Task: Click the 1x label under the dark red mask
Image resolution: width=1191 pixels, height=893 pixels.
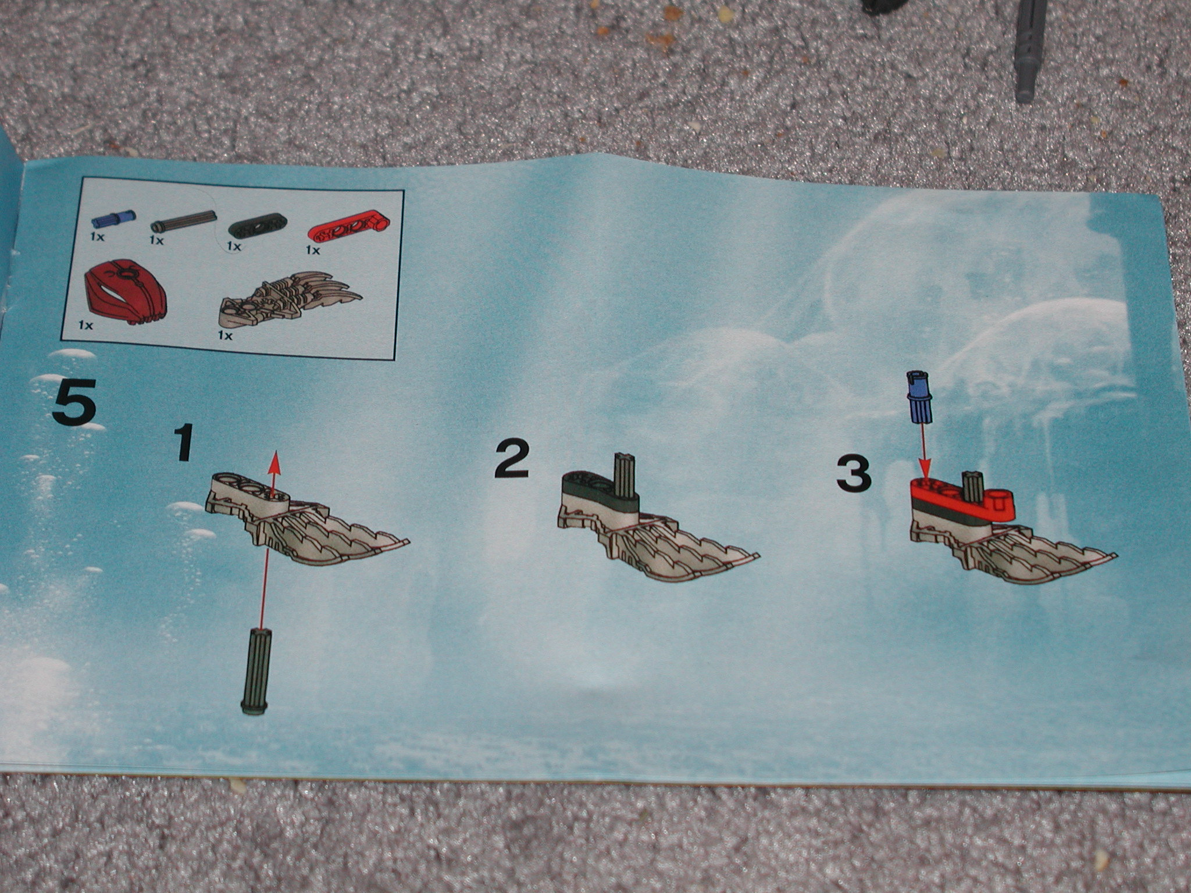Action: [85, 326]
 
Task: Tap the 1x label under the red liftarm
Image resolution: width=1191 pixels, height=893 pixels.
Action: [313, 250]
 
